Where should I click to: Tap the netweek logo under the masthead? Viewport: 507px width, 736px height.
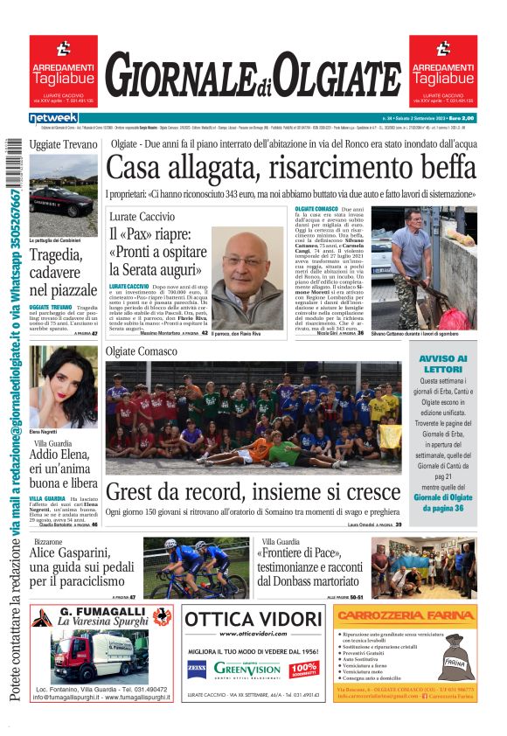(x=53, y=118)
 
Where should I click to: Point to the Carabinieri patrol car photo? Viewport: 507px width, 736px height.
(x=63, y=195)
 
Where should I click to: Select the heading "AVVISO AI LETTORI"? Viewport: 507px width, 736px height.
(x=443, y=364)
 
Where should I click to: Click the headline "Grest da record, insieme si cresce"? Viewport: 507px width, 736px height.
(x=253, y=491)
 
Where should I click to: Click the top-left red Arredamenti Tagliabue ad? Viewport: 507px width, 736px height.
(x=63, y=69)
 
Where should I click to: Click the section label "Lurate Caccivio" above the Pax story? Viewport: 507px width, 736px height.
(x=142, y=217)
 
